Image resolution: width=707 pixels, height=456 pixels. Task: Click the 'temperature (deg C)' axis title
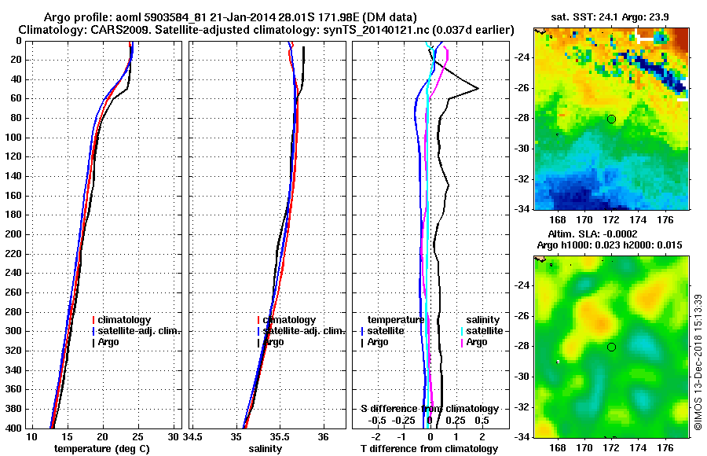point(101,448)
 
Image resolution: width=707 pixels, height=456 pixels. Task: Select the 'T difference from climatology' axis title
point(429,448)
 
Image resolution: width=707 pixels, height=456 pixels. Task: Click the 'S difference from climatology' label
point(429,409)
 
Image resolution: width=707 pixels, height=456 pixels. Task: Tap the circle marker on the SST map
point(611,119)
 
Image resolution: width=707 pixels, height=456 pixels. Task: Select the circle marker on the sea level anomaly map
point(611,347)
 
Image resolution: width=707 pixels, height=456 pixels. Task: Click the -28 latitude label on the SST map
point(522,119)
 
